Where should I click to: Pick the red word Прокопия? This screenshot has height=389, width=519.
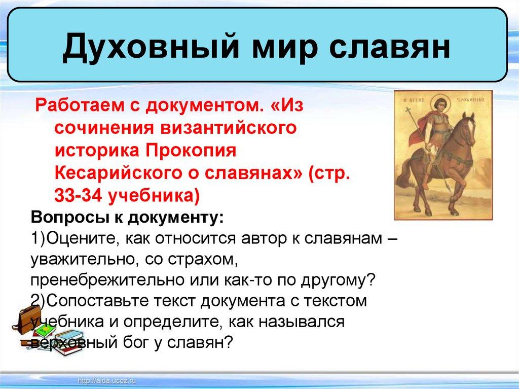tap(191, 151)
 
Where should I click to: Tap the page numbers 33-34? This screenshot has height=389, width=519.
tap(78, 195)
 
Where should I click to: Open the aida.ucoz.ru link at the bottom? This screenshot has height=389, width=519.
tap(107, 381)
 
